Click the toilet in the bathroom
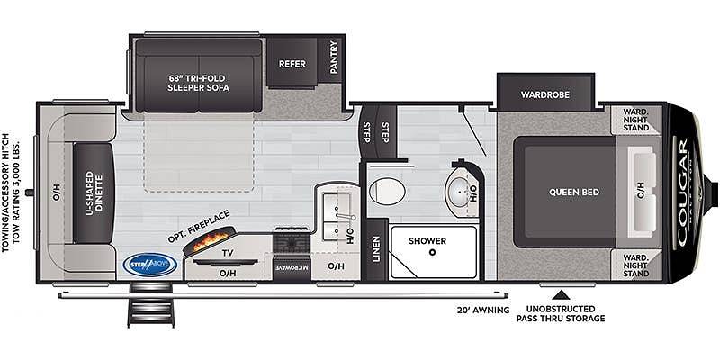click(x=387, y=191)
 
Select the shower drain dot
click(x=432, y=252)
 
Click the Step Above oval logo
click(x=149, y=265)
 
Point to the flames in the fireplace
click(x=211, y=240)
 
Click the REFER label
click(x=292, y=64)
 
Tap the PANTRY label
click(x=334, y=57)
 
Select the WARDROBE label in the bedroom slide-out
click(x=545, y=95)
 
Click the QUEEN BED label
click(x=574, y=192)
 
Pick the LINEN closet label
click(x=376, y=249)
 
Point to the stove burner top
click(x=292, y=241)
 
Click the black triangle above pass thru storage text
click(x=560, y=295)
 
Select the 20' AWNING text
click(x=483, y=310)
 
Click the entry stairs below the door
click(x=150, y=305)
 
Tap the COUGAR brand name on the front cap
click(x=682, y=193)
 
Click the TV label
click(x=228, y=253)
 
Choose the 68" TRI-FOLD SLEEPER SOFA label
click(x=199, y=83)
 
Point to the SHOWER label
click(x=427, y=240)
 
